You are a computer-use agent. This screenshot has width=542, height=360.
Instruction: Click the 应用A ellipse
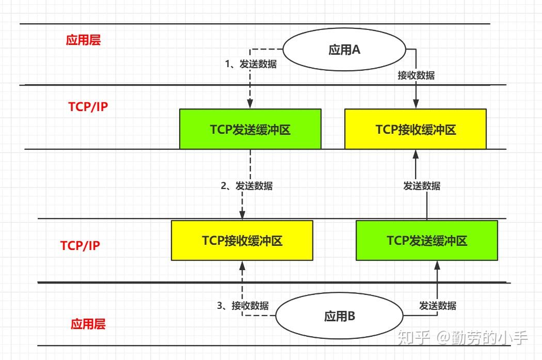(x=344, y=50)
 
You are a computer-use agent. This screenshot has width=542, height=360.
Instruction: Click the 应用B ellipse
(x=339, y=317)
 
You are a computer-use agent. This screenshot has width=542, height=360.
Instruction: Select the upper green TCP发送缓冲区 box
(x=250, y=129)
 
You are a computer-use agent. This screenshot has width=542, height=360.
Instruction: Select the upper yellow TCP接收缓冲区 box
(x=416, y=129)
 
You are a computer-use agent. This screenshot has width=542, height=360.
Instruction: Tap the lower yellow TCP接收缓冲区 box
(x=242, y=240)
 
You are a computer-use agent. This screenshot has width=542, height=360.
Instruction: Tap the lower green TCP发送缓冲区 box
(x=427, y=240)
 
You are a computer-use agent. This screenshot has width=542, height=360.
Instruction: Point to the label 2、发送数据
(x=247, y=186)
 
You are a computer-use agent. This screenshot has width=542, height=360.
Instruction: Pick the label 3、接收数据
(x=243, y=305)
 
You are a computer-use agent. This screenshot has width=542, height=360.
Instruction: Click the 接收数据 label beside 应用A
(x=416, y=75)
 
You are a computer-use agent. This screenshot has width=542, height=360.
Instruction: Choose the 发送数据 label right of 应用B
(x=438, y=305)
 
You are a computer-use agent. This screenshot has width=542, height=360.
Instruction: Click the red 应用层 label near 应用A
(x=84, y=40)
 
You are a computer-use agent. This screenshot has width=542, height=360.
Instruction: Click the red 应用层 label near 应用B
(x=88, y=324)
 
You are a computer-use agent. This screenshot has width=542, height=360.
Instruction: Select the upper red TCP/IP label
(x=88, y=107)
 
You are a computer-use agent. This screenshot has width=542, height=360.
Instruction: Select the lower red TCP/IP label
(x=80, y=245)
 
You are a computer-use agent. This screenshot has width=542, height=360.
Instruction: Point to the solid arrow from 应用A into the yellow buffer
(x=416, y=93)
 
